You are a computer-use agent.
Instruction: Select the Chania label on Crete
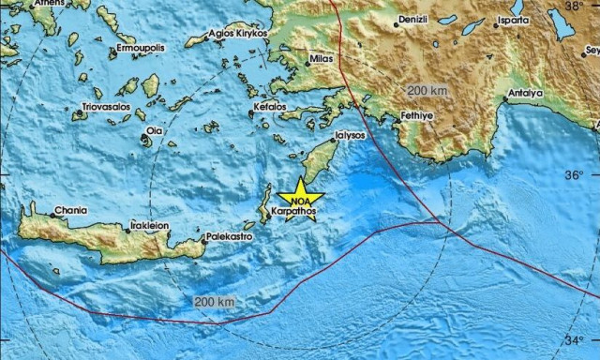(x=70, y=211)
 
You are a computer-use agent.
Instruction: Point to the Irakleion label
(x=149, y=226)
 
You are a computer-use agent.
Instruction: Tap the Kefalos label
(x=269, y=108)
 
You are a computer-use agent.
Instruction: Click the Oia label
(x=155, y=130)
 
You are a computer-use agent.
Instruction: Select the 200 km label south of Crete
(x=214, y=302)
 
